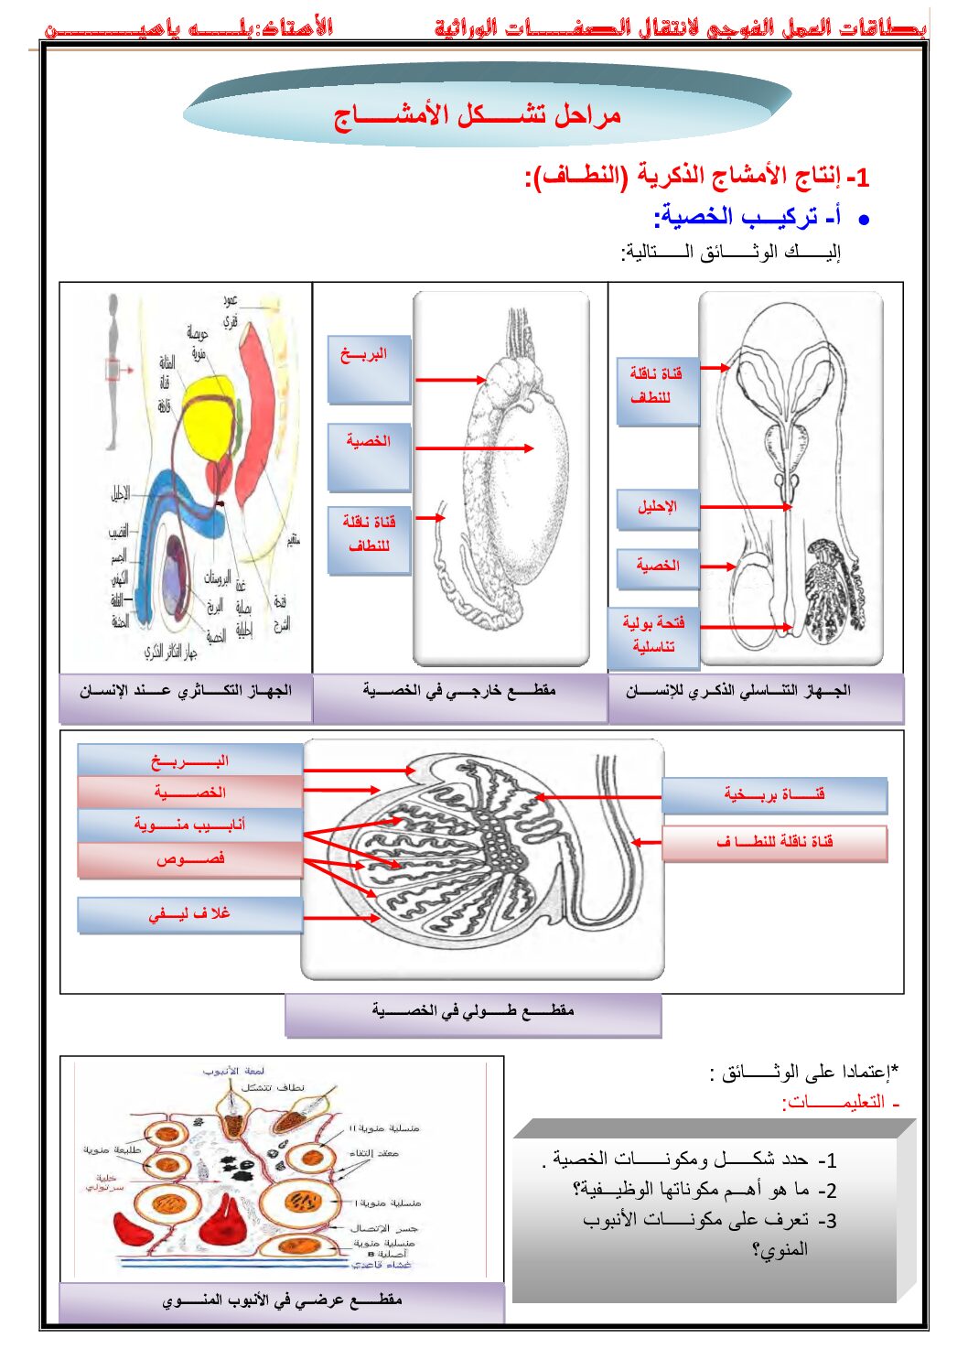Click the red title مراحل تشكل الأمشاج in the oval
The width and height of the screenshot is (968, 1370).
(x=478, y=115)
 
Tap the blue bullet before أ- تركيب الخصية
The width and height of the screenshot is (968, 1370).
(x=863, y=220)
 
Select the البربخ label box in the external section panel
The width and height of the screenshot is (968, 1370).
(x=369, y=368)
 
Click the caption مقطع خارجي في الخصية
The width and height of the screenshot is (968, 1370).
(x=459, y=691)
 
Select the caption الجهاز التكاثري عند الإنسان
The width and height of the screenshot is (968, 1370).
(x=185, y=691)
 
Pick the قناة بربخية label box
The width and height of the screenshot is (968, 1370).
(x=774, y=794)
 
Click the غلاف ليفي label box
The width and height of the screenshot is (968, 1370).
(x=189, y=913)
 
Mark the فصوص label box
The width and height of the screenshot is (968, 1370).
(x=189, y=859)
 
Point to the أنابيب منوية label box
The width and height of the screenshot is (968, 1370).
(x=189, y=825)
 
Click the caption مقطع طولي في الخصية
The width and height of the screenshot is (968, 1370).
(x=472, y=1011)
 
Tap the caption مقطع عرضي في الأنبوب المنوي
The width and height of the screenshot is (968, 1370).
(x=282, y=1300)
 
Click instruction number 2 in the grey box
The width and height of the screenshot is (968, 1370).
(x=704, y=1190)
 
